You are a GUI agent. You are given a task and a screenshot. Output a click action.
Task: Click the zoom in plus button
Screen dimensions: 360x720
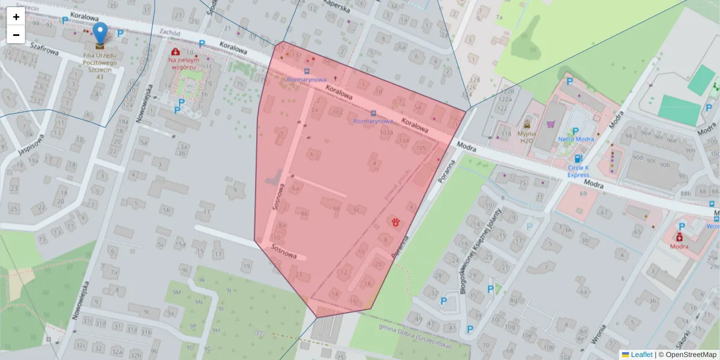click(16, 17)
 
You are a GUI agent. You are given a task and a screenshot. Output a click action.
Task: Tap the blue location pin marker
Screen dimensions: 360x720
click(100, 34)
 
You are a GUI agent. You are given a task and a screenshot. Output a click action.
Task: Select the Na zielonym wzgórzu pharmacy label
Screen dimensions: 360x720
click(183, 64)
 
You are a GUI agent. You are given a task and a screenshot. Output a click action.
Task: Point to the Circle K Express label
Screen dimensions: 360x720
click(578, 171)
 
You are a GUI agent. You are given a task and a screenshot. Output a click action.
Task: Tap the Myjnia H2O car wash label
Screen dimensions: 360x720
click(526, 137)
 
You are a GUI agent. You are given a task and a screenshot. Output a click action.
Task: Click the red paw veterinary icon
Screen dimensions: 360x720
click(397, 223)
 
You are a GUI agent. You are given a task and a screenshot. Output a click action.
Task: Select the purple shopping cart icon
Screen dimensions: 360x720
click(551, 125)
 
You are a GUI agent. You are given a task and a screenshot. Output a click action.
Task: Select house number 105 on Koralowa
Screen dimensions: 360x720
click(421, 148)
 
